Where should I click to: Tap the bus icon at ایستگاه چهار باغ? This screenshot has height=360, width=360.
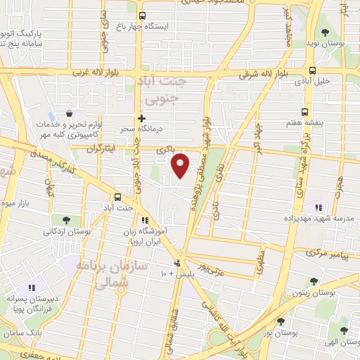click(143, 15)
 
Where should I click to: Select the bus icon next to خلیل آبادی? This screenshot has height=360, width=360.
click(312, 70)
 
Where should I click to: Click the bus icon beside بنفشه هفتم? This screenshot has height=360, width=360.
click(304, 111)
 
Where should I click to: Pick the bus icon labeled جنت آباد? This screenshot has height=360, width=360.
click(117, 198)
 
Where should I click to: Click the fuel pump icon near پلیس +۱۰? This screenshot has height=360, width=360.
click(178, 264)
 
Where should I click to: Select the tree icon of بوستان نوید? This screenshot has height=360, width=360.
click(324, 32)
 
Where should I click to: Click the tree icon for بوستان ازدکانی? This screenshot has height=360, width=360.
click(66, 220)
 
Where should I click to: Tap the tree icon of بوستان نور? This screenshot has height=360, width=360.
click(281, 321)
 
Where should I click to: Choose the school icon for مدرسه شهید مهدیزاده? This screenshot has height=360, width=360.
click(319, 207)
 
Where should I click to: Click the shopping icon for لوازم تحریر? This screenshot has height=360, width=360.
click(69, 113)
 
